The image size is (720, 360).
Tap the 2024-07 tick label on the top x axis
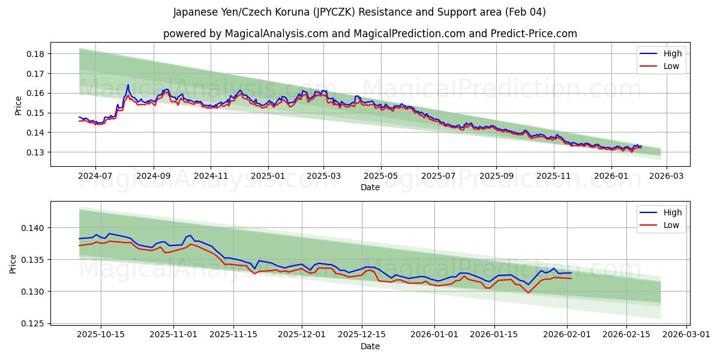tap(96, 176)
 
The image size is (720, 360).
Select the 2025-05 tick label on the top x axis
tap(381, 176)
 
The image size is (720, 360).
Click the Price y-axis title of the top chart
tap(18, 105)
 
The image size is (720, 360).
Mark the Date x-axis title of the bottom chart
tap(370, 346)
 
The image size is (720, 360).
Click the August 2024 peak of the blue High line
tap(128, 85)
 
